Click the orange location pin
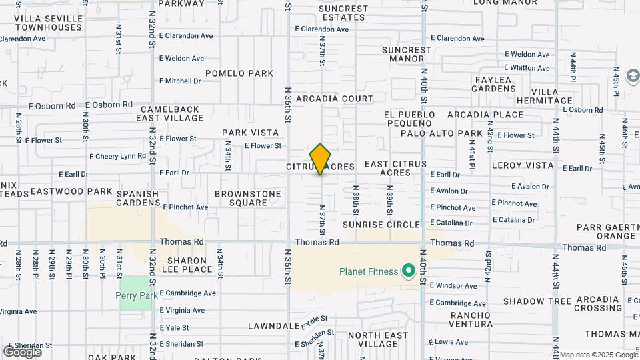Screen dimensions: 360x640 pos(321,159)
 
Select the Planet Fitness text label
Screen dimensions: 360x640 pos(367,271)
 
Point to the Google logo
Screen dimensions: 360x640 pos(22,351)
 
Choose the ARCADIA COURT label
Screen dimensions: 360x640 pos(335,99)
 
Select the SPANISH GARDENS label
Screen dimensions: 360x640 pos(138,198)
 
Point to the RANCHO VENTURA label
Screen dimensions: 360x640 pos(471,319)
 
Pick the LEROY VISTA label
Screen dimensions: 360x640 pos(523,165)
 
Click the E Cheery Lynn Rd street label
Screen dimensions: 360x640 pos(117,156)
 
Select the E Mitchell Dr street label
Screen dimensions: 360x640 pos(180,81)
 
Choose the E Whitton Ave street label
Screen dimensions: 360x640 pos(527,68)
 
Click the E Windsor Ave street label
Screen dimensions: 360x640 pos(453,286)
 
